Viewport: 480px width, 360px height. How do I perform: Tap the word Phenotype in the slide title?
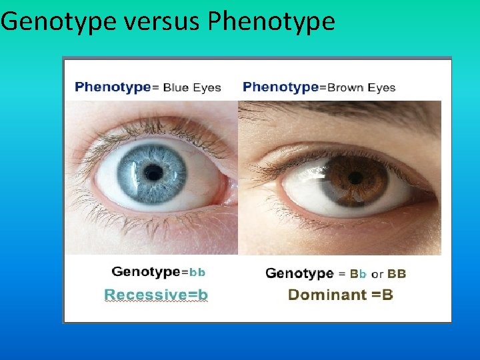tap(271, 22)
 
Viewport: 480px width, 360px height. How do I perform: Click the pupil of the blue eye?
tap(154, 173)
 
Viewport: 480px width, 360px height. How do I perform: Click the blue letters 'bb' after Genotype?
tap(197, 272)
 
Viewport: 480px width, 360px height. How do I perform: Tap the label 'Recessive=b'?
tap(156, 294)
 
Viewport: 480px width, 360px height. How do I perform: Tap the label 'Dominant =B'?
tap(340, 295)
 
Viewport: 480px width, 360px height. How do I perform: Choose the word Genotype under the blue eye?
tap(146, 272)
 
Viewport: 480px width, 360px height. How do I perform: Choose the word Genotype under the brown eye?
tap(299, 273)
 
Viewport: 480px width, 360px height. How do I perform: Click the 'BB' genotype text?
tap(397, 273)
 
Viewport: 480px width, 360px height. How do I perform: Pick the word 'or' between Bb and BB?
tap(377, 274)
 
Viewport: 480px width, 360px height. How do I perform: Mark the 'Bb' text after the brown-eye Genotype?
tap(359, 273)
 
